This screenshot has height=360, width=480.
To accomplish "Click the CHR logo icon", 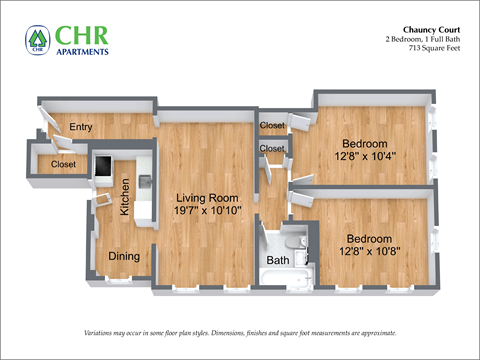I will (x=38, y=40).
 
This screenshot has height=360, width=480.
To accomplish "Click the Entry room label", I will (x=81, y=126).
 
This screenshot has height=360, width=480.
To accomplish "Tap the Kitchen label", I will (x=125, y=197).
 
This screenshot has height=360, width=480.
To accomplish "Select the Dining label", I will (x=124, y=256).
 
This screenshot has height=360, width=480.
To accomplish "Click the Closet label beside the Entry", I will (x=63, y=165).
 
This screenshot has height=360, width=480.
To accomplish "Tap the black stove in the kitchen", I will (x=104, y=166).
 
